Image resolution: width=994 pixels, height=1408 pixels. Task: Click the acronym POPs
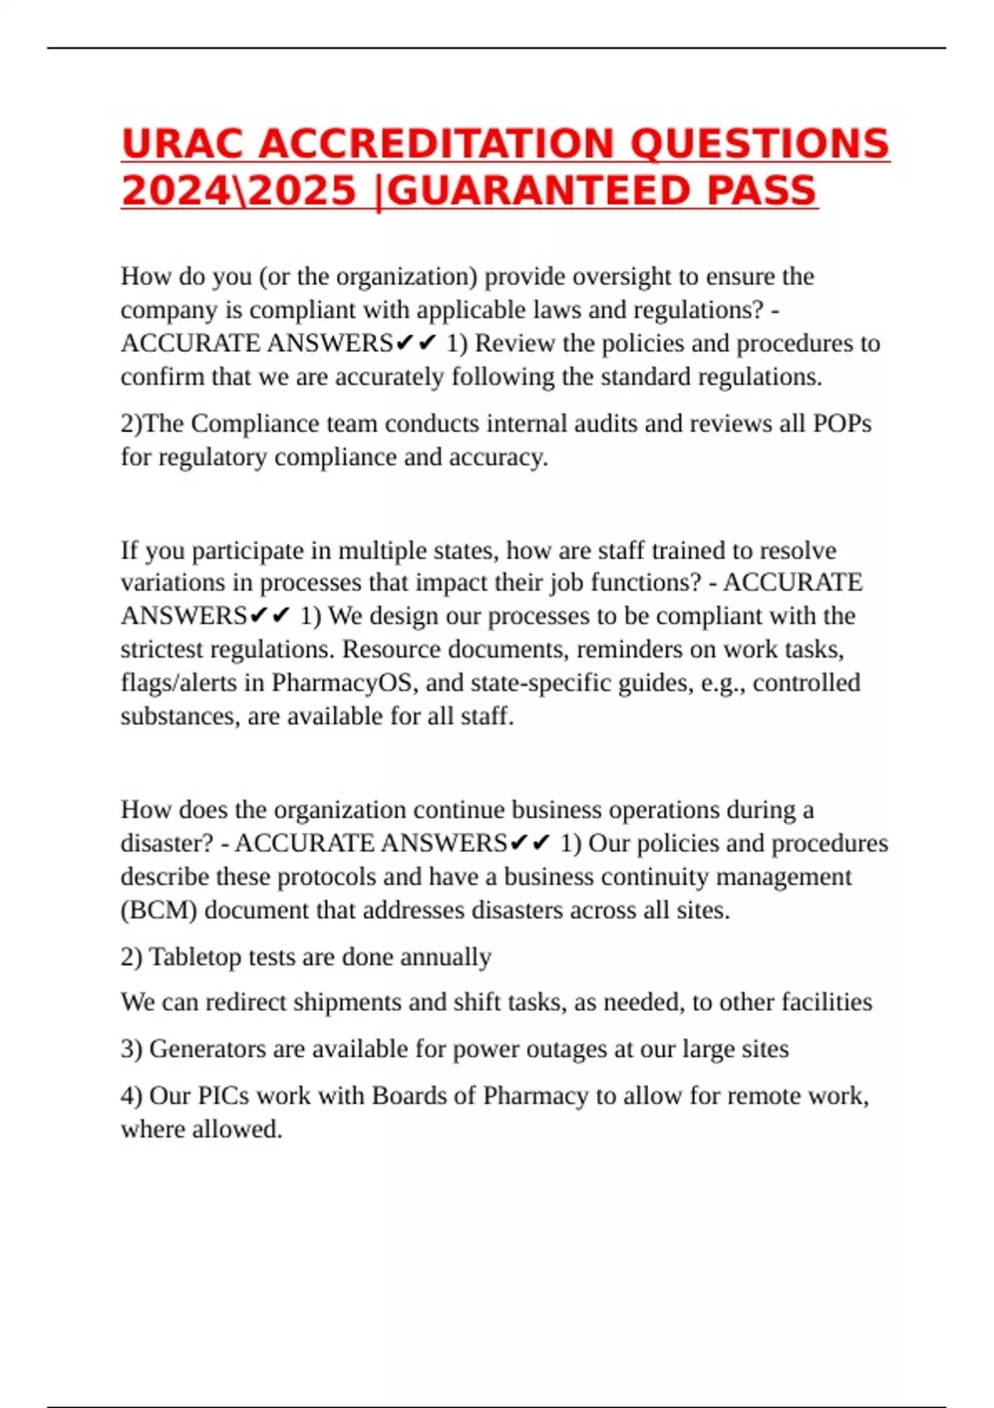pyautogui.click(x=842, y=423)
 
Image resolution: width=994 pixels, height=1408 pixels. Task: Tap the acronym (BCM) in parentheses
pyautogui.click(x=159, y=910)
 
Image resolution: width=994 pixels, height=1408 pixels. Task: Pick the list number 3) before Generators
pyautogui.click(x=132, y=1049)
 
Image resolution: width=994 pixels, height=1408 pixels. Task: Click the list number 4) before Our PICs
pyautogui.click(x=132, y=1096)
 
